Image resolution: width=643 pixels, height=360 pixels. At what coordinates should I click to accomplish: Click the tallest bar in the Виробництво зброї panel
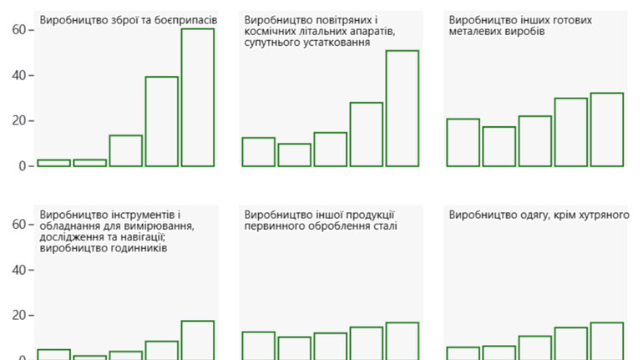[x=198, y=97]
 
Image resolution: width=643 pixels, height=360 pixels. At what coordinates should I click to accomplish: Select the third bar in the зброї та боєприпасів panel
[x=125, y=150]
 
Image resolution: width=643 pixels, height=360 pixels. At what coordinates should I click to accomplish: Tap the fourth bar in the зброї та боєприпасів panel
[x=162, y=121]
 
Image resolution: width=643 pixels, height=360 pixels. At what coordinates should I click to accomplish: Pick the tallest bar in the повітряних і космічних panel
[x=402, y=109]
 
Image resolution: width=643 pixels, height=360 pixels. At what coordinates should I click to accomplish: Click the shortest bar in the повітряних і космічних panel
[x=294, y=155]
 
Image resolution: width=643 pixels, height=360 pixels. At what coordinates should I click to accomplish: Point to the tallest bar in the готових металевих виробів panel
[x=606, y=129]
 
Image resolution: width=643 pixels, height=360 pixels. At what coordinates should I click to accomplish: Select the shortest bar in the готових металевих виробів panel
[x=499, y=146]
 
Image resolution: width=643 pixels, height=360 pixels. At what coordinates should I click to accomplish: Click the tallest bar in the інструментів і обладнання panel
[x=198, y=340]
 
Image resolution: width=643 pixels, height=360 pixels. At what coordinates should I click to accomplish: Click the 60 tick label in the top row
[x=18, y=30]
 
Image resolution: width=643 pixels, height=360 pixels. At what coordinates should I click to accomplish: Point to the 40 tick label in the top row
[x=18, y=75]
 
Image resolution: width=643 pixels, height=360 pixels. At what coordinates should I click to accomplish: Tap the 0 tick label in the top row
[x=22, y=166]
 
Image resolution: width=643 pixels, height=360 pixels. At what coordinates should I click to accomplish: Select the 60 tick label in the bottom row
[x=18, y=225]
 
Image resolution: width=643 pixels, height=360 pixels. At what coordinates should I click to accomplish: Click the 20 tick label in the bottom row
[x=18, y=316]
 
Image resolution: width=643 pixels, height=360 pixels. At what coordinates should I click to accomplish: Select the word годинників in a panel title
[x=137, y=249]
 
